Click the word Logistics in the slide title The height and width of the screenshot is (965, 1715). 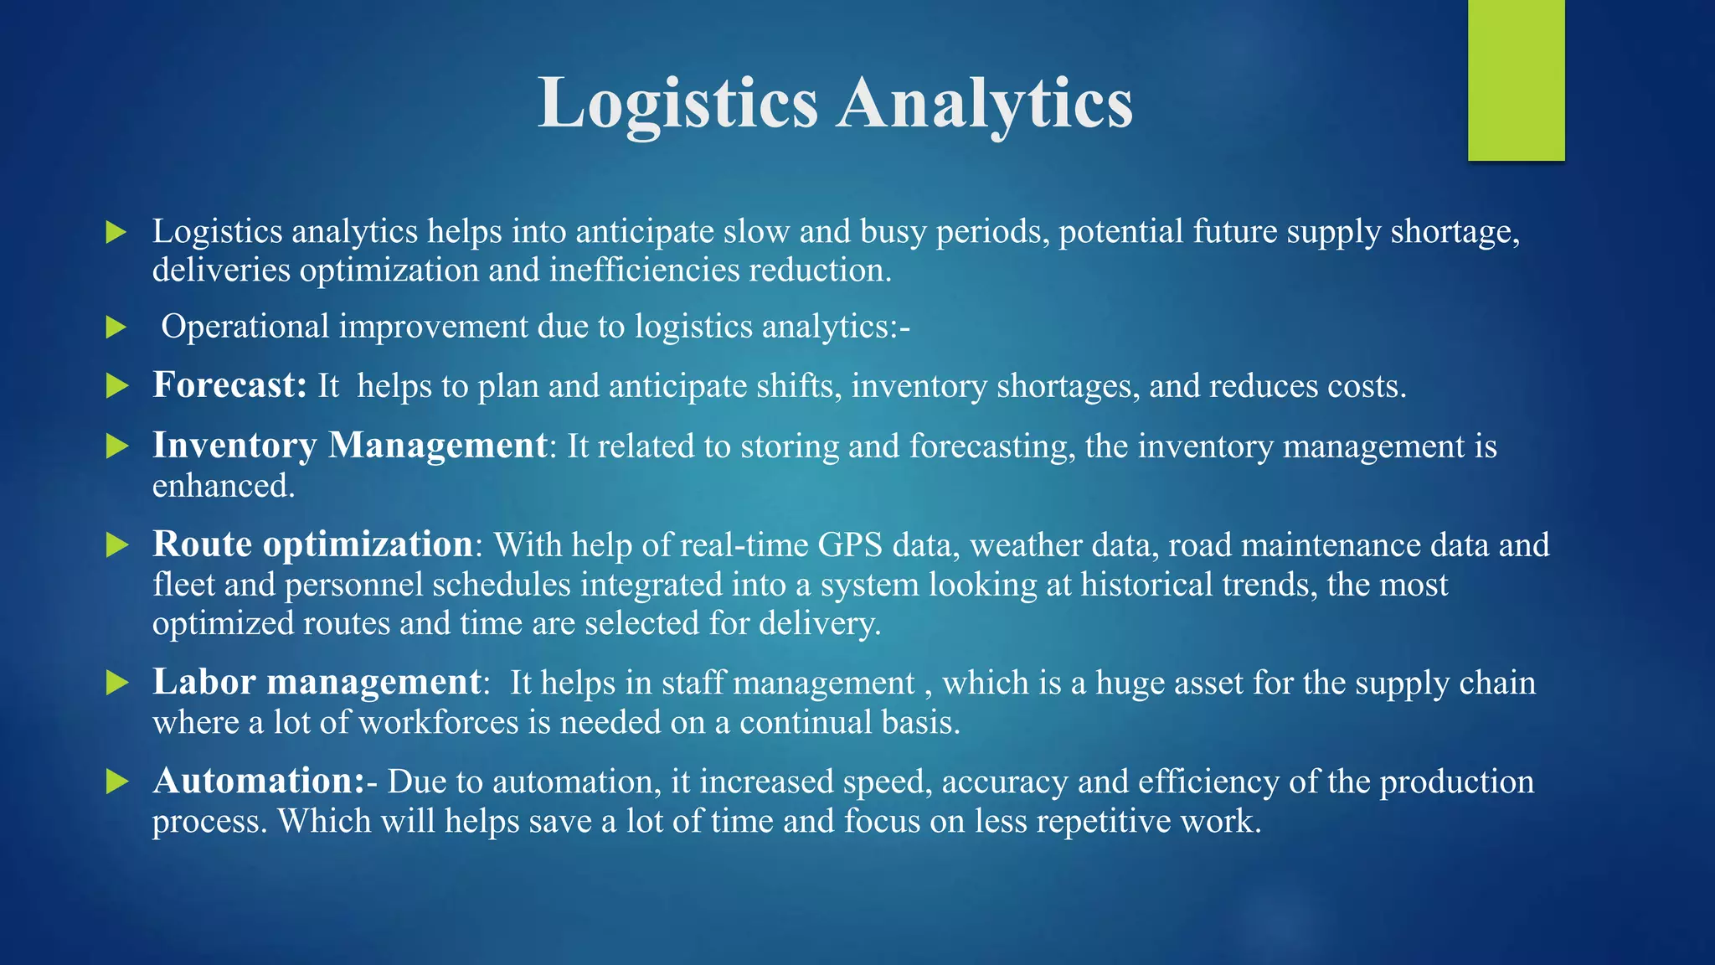tap(677, 103)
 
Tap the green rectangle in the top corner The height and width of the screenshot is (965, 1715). tap(1516, 80)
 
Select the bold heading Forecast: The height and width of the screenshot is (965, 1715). tap(230, 385)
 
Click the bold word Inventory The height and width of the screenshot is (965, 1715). tap(234, 446)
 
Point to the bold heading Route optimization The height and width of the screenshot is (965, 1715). tap(313, 544)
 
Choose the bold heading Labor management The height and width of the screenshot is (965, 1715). tap(317, 682)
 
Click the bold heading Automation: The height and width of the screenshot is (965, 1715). tap(259, 781)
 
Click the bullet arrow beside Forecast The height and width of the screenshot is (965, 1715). tap(117, 386)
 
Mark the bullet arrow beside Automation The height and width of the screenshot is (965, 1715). tap(117, 782)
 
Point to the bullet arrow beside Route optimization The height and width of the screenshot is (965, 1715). tap(117, 546)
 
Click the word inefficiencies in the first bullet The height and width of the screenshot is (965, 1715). tap(645, 270)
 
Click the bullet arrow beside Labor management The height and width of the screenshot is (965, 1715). tap(117, 684)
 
